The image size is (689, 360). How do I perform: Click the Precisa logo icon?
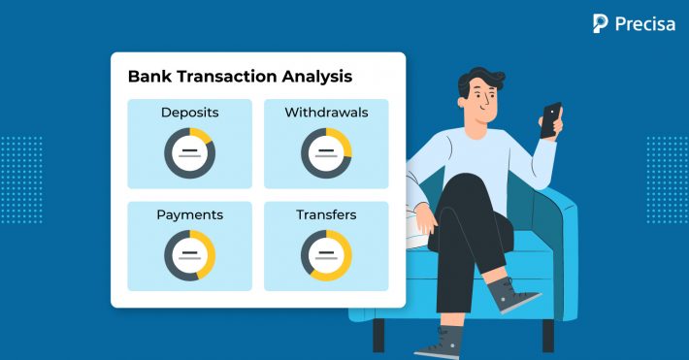[x=600, y=23]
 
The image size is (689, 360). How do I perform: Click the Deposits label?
[x=189, y=113]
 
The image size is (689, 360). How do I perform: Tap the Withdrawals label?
[x=326, y=113]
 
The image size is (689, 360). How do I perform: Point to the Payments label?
[x=189, y=214]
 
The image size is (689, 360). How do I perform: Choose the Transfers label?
[x=326, y=214]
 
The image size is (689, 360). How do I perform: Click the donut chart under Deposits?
[x=189, y=152]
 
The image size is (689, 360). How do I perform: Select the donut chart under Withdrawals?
[x=326, y=152]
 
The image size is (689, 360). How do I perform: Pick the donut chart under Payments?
[x=189, y=254]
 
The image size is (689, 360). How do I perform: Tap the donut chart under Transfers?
[x=326, y=254]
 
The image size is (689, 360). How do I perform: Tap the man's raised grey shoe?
[x=510, y=295]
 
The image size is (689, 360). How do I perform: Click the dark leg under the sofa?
[x=378, y=335]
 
